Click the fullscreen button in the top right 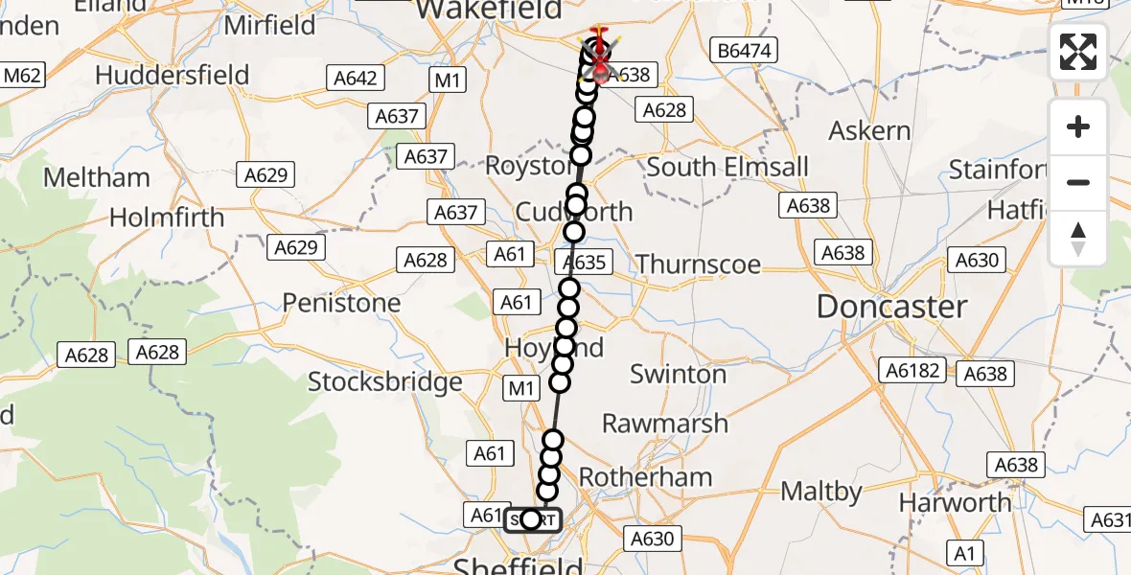point(1078,52)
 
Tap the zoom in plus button point(1078,127)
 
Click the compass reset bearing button point(1078,239)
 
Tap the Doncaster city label point(891,307)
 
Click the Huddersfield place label point(173,75)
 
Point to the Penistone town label point(341,303)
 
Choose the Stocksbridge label point(385,382)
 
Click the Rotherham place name point(645,476)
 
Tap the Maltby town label point(821,492)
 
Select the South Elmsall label point(727,167)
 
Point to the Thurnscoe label point(698,264)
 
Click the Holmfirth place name point(167,218)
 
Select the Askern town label point(869,130)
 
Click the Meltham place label point(98,177)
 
